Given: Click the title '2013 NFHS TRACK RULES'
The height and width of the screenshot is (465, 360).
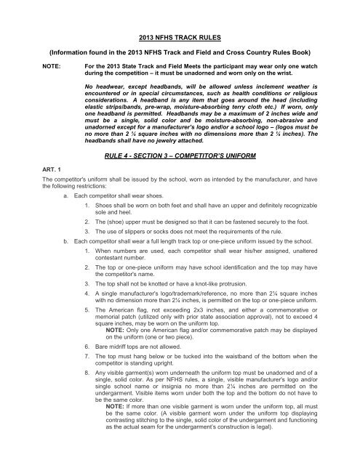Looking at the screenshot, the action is tap(179, 34).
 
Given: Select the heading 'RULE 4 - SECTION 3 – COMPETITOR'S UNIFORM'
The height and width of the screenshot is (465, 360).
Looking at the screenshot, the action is tap(179, 177).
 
